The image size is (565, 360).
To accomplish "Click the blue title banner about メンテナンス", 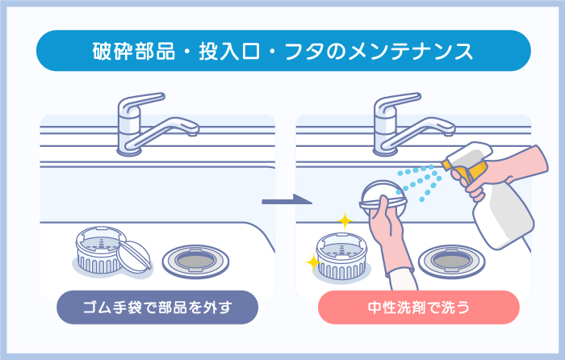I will point(282,51).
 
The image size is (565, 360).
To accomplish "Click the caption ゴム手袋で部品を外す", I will point(157,307).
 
